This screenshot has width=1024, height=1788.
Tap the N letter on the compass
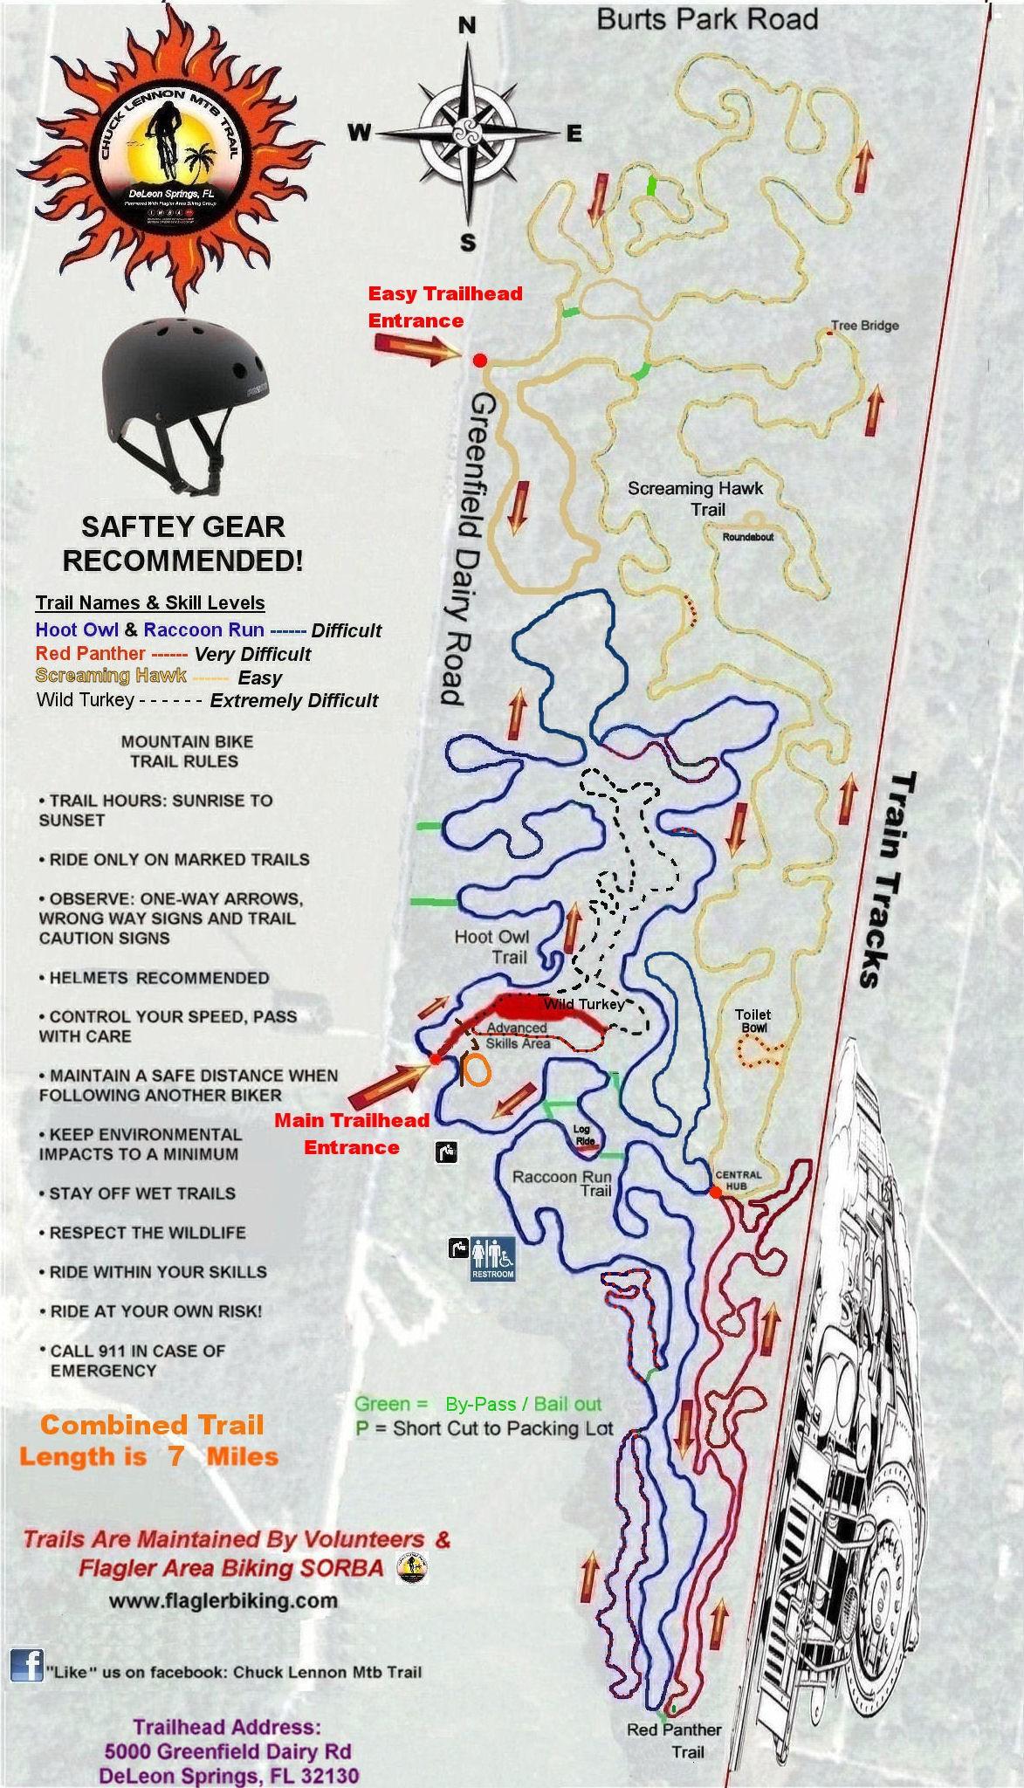(468, 26)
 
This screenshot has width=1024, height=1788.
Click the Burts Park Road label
(707, 19)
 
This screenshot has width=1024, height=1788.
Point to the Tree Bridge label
(864, 326)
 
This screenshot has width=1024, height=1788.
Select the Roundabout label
(748, 537)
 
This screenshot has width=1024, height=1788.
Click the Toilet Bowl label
(753, 1021)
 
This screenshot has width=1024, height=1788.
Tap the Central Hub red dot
(715, 1192)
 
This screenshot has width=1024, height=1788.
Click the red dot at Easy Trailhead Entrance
(479, 361)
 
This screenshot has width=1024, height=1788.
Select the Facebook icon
(27, 1665)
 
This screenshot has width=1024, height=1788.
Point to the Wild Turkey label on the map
(583, 1005)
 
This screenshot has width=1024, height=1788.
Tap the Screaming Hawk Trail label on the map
(696, 499)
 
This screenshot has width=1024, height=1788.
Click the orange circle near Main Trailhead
(477, 1070)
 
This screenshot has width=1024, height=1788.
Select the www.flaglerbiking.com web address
(223, 1600)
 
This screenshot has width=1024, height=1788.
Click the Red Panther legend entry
(91, 653)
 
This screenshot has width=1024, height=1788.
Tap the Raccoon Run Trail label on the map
(561, 1183)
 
